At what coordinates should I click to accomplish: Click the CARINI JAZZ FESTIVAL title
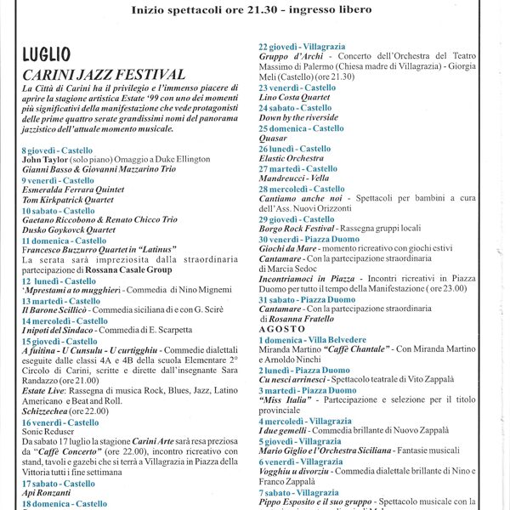tap(103, 75)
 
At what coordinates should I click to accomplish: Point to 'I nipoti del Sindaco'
tap(62, 331)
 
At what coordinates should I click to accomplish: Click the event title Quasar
tap(273, 139)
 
